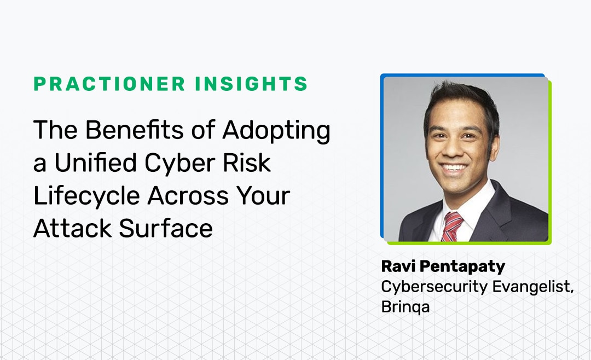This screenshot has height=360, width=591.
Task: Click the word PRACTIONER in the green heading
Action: pos(109,84)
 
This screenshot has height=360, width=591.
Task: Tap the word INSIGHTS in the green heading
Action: pos(251,84)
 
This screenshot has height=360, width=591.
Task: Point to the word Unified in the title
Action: pos(95,163)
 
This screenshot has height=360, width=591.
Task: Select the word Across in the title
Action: pos(188,196)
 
